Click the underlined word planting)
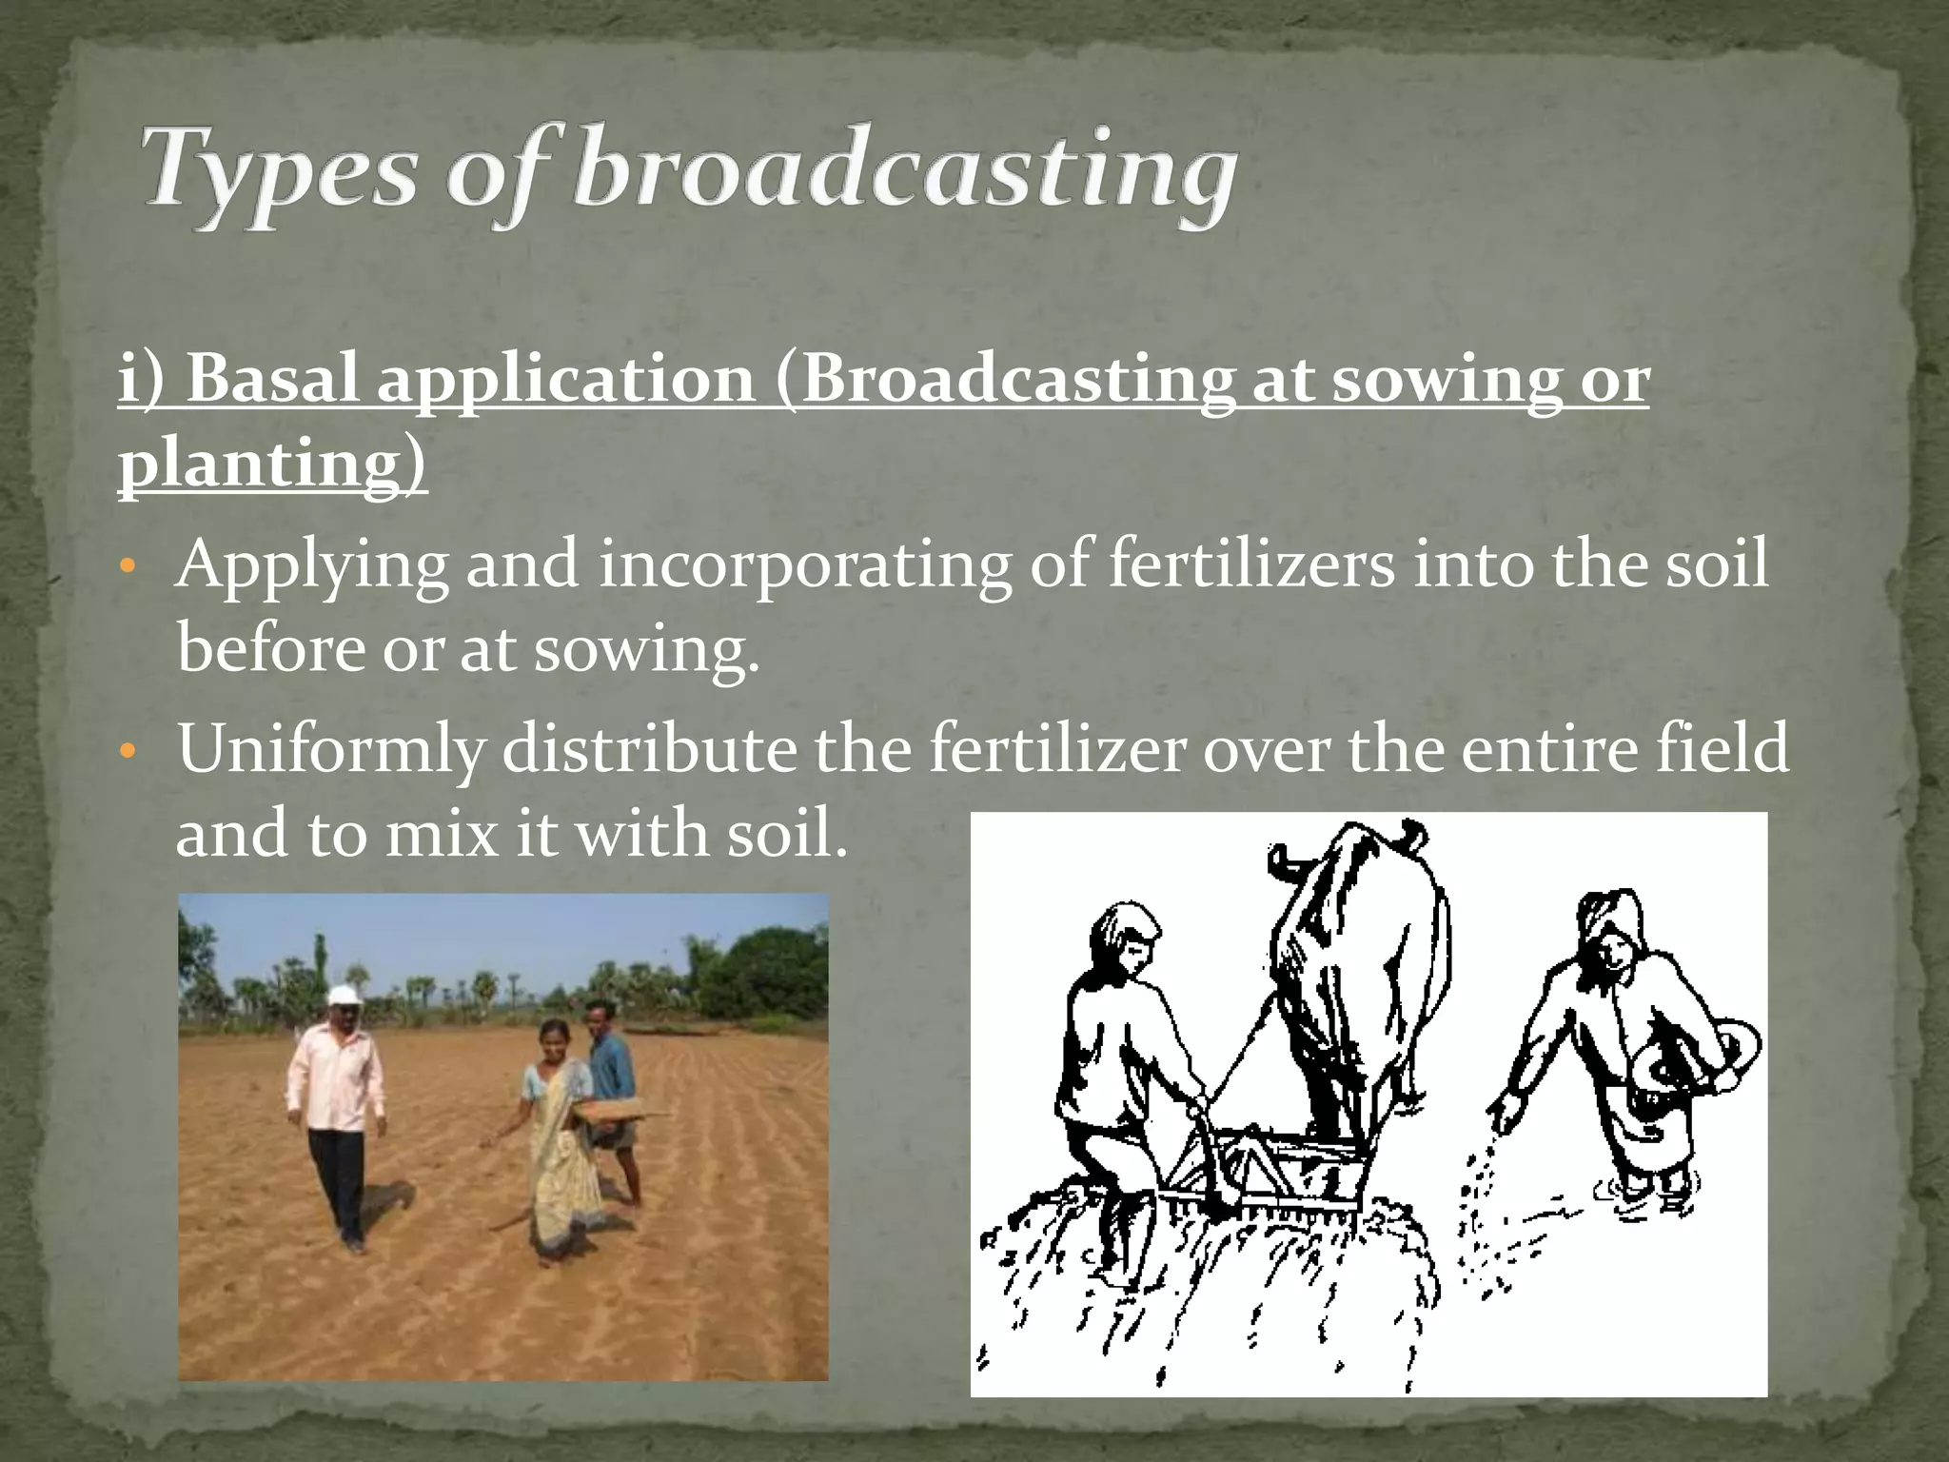272,464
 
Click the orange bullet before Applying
130,568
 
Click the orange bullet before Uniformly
130,751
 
